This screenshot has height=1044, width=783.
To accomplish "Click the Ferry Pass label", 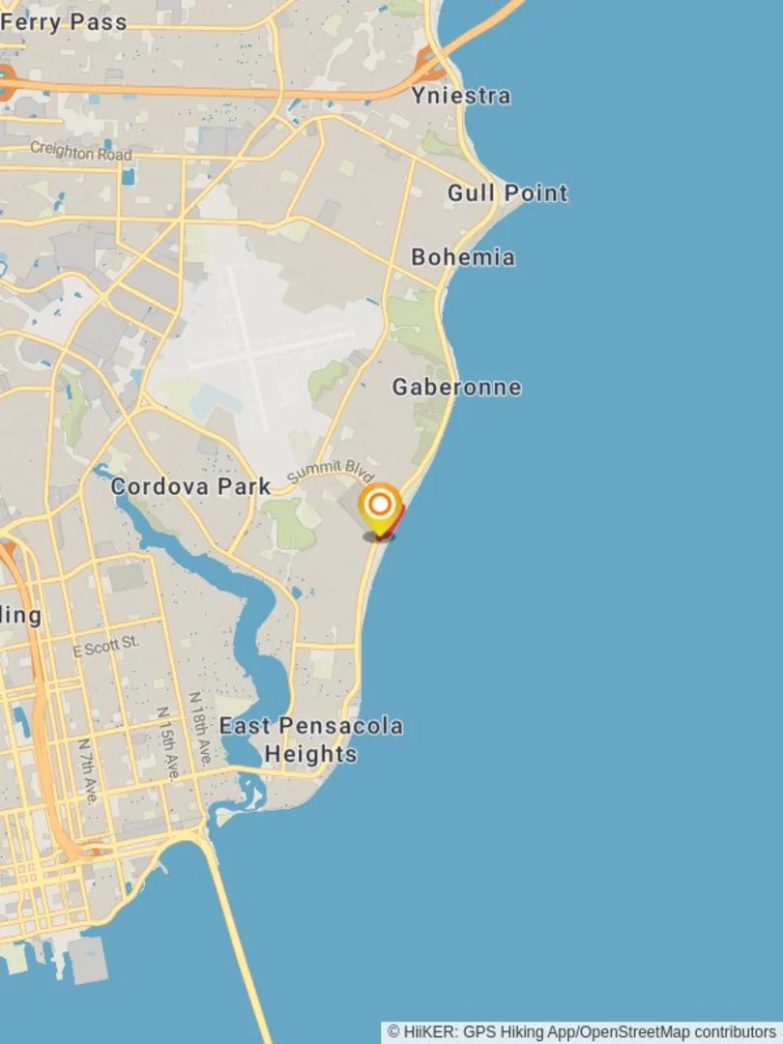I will [x=64, y=21].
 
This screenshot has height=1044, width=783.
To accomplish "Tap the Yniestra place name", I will [x=461, y=96].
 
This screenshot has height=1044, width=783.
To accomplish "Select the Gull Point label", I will [x=507, y=193].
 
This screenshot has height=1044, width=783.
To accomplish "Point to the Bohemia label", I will [x=462, y=257].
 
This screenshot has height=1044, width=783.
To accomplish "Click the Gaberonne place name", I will [x=456, y=388].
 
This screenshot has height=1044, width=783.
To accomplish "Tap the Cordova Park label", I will [x=190, y=486].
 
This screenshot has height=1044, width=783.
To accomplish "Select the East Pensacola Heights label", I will [x=310, y=739].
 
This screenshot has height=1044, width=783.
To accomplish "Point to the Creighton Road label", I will [x=80, y=152].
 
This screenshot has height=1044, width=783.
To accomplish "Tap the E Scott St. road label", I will [x=106, y=646].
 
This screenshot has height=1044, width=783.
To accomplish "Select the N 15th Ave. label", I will [x=168, y=742].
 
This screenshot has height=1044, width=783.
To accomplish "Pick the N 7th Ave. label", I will [x=88, y=770].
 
